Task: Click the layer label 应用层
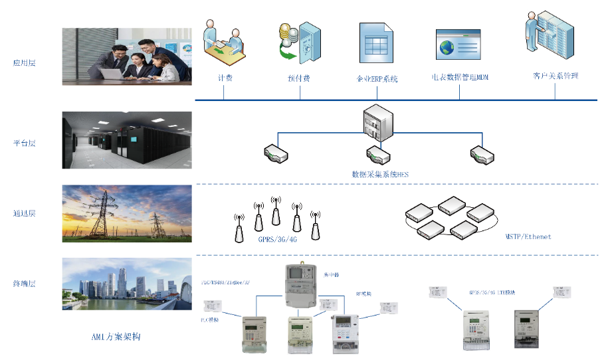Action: point(24,64)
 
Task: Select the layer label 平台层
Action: point(24,143)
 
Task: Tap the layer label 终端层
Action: point(24,284)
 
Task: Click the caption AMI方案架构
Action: point(116,337)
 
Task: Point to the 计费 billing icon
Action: point(225,45)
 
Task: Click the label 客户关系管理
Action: point(555,76)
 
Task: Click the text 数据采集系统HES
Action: point(379,174)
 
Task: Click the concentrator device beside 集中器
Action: point(303,286)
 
